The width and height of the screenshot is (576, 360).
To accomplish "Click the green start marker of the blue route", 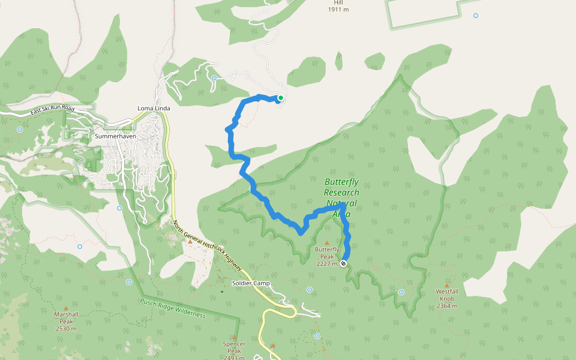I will [280, 97].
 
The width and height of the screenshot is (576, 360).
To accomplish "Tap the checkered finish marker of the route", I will [343, 263].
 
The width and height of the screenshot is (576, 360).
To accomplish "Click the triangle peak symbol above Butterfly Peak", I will [327, 242].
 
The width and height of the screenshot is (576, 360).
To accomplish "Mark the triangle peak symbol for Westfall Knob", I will [447, 286].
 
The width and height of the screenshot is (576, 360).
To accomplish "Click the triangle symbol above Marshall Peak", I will [66, 307].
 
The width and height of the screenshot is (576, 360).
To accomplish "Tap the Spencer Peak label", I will [234, 347].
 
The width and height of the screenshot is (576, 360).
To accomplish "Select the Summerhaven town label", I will [115, 136].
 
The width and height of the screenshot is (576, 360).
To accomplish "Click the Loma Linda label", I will [154, 108].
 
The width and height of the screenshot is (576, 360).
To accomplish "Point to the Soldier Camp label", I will [251, 283].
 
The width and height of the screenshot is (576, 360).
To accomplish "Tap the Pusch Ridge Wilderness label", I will [173, 308].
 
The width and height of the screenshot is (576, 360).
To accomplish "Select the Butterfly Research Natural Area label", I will [341, 197].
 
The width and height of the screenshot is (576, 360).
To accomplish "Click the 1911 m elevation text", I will [338, 10].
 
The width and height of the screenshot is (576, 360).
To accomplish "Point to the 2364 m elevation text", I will [447, 305].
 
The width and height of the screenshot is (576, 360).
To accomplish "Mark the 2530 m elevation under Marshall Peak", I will [66, 328].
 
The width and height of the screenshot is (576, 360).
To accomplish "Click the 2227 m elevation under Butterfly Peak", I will [327, 263].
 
